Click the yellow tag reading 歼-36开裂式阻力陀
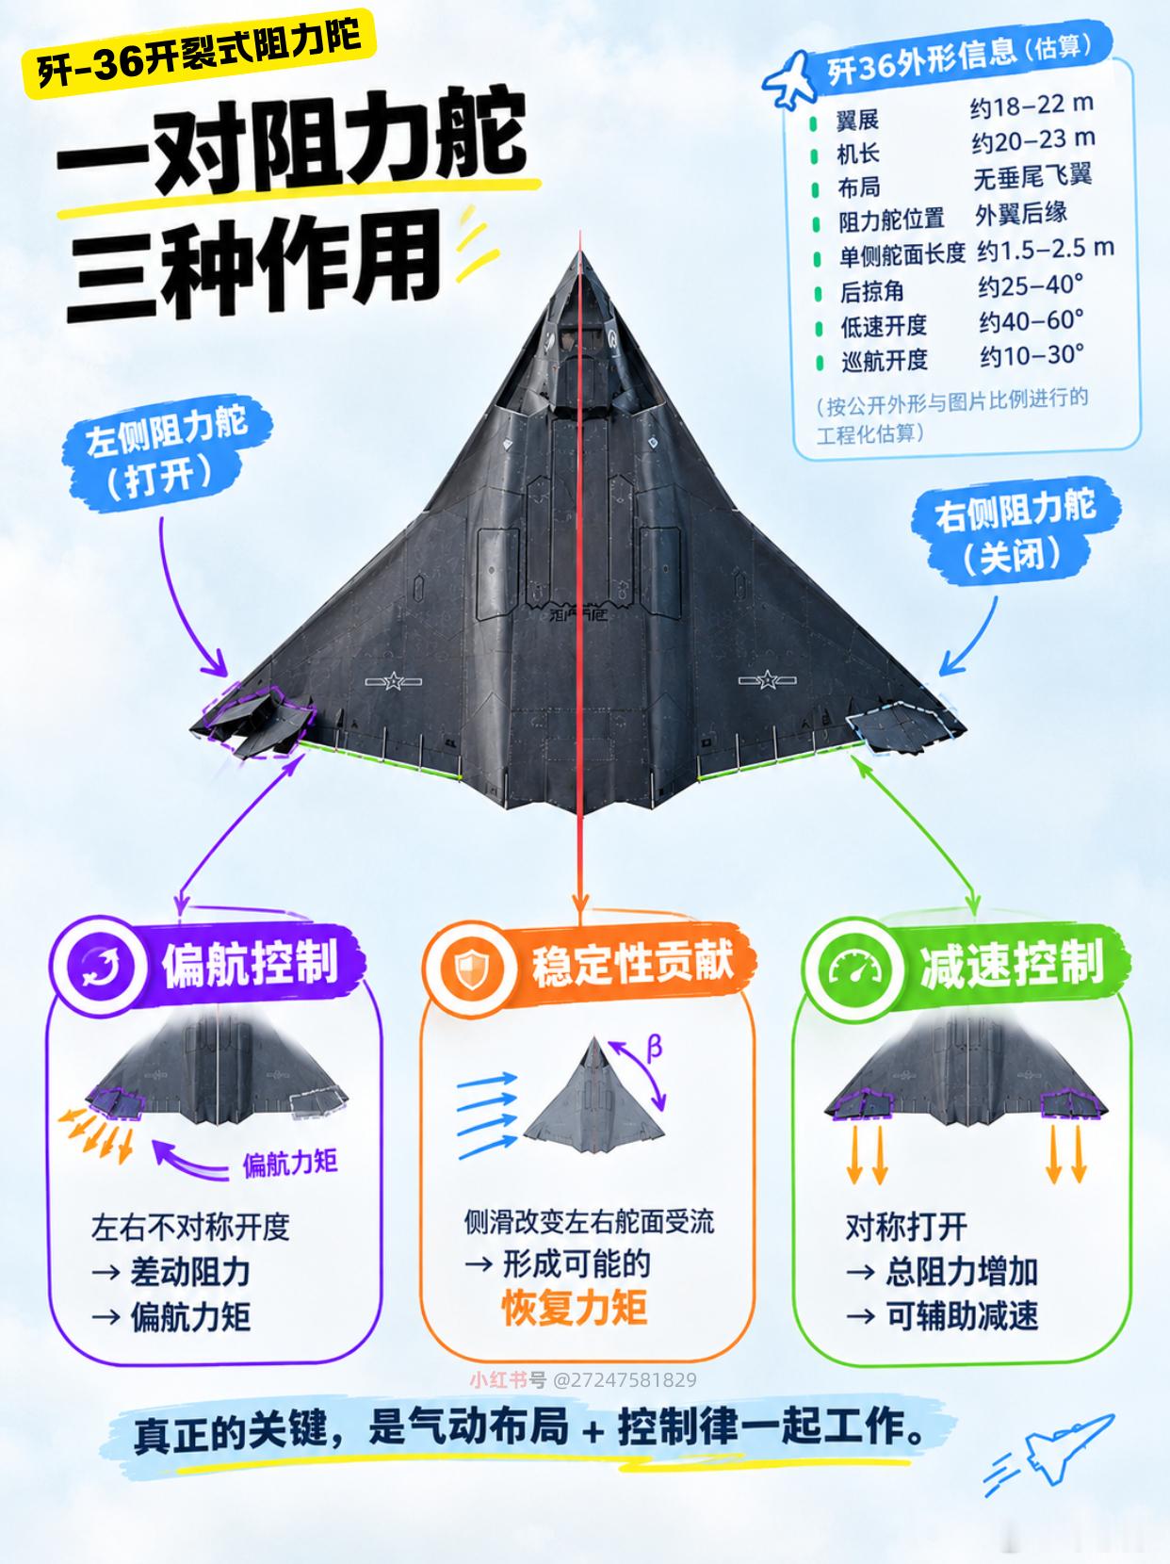[200, 54]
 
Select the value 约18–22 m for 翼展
[1032, 106]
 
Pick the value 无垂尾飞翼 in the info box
[1032, 176]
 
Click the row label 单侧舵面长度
[902, 253]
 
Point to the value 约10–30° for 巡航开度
[1032, 355]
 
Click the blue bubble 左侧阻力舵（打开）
[168, 453]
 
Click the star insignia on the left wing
[393, 681]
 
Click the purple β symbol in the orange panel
[654, 1048]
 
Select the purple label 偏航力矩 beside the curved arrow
[290, 1165]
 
